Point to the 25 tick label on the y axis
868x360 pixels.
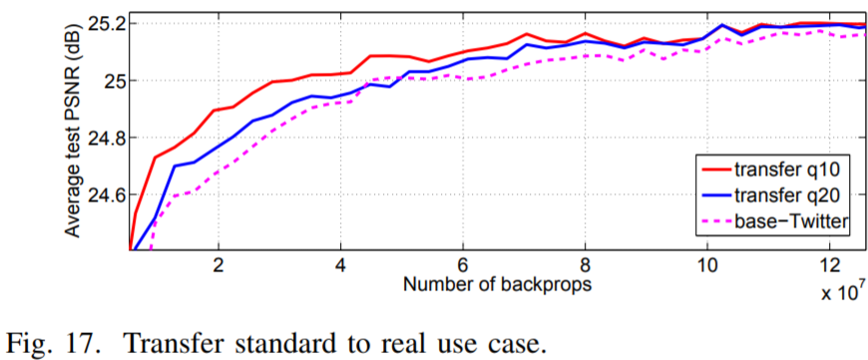coord(112,80)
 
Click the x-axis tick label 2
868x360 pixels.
coord(218,268)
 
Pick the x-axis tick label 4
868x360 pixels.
coord(341,268)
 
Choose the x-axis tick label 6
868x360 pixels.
coord(463,268)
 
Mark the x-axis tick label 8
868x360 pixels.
coord(586,268)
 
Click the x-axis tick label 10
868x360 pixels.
coord(707,268)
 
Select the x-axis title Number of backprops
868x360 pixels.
coord(499,286)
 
